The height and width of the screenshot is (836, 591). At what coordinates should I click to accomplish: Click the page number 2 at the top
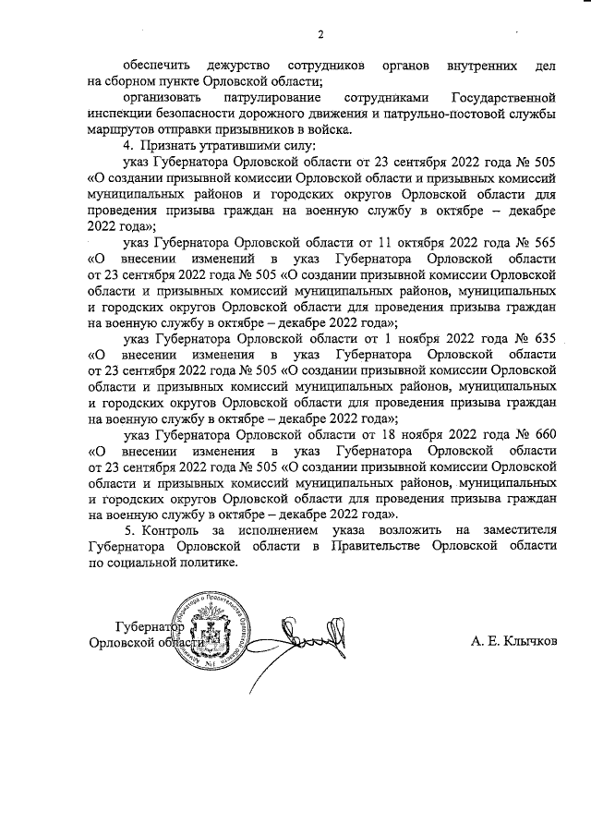(320, 36)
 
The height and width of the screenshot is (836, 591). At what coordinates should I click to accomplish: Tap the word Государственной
(502, 97)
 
